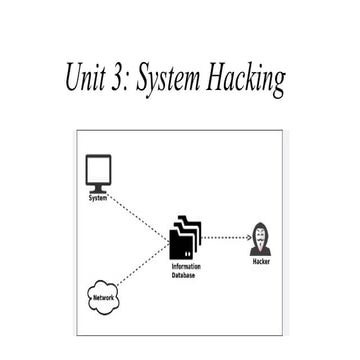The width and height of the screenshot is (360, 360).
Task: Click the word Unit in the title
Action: click(89, 76)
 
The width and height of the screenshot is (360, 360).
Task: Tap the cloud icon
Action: click(102, 298)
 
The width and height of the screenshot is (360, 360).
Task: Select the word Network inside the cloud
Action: click(102, 298)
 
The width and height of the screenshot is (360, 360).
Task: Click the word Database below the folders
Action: click(187, 275)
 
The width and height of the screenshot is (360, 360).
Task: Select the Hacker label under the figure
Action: click(263, 261)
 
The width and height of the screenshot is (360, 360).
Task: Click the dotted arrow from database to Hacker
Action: click(225, 238)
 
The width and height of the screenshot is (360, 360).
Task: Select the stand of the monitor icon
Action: click(97, 189)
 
